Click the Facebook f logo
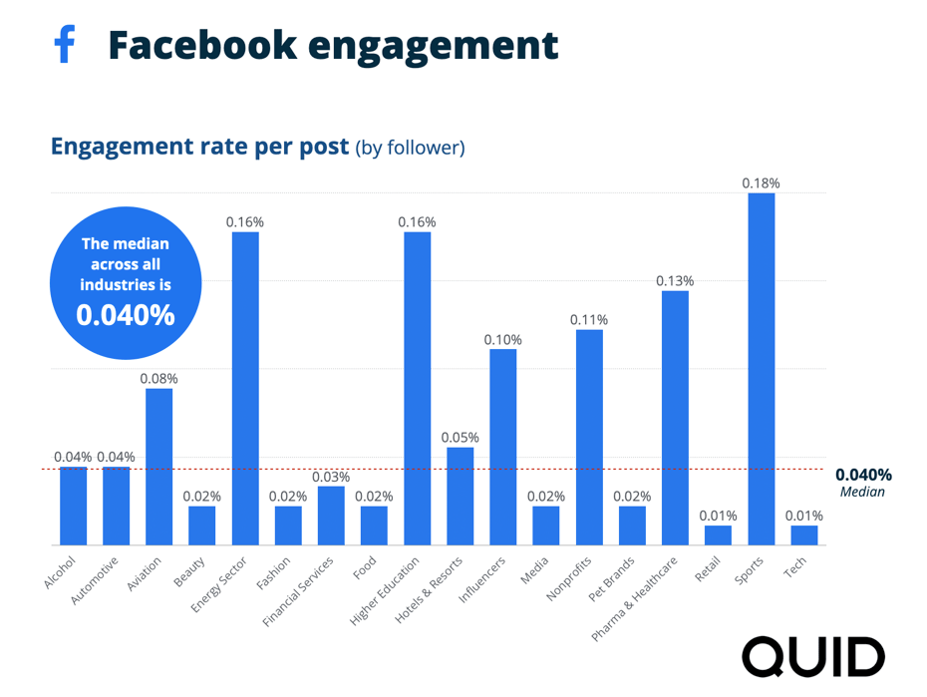65,45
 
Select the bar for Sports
761,369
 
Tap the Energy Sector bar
245,389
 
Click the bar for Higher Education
417,389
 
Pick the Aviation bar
159,467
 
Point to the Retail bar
718,535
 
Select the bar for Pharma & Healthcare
675,418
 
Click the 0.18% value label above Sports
761,183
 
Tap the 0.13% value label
675,281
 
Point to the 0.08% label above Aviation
159,379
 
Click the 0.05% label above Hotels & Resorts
460,438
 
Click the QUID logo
812,657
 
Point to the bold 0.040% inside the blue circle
126,315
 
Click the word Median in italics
862,492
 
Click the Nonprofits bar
589,437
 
